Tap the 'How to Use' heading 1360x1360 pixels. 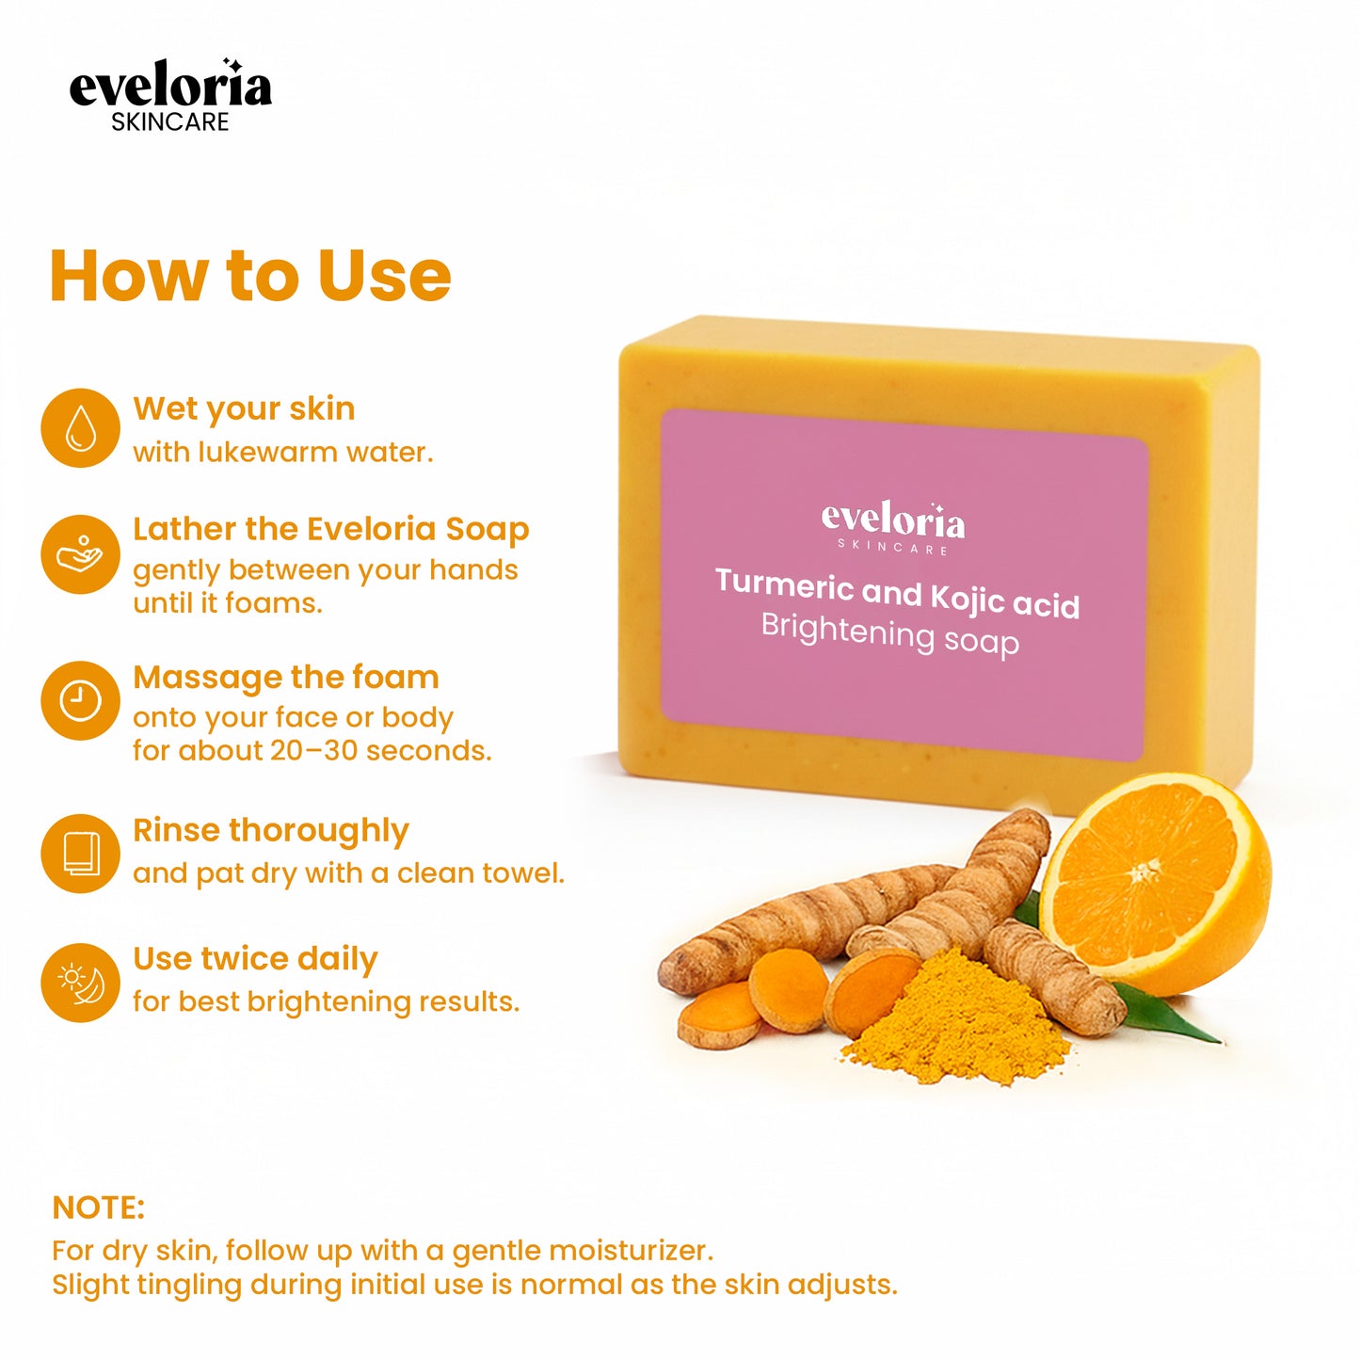coord(250,276)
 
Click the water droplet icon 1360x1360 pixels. coord(81,428)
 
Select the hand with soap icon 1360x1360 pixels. coord(81,554)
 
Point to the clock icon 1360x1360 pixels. coord(81,701)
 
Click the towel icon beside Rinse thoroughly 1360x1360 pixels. coord(81,854)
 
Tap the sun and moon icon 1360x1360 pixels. coord(81,983)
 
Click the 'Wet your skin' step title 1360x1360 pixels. coord(244,408)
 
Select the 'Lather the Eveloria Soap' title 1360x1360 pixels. coord(330,529)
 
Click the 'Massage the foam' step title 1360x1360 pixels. coord(286,677)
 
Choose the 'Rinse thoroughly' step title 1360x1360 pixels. coord(271,830)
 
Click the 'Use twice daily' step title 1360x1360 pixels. coord(255,959)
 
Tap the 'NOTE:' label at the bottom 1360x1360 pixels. coord(99,1208)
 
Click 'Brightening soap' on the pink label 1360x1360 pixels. coord(889,633)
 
